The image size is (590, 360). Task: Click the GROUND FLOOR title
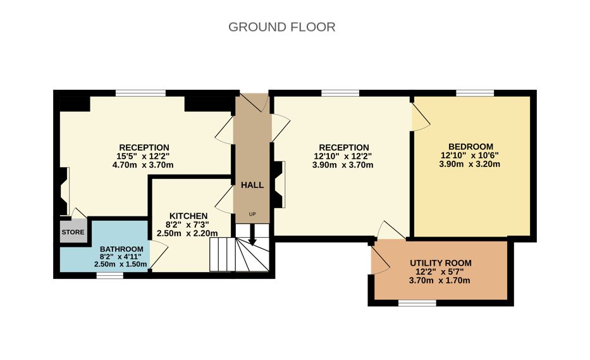[x=282, y=27]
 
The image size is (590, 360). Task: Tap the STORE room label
[x=73, y=232]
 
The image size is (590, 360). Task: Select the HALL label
[x=252, y=185]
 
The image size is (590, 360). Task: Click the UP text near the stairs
[x=252, y=214]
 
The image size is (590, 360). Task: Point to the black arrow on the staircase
[x=252, y=234]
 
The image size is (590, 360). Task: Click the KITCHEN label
[x=188, y=216]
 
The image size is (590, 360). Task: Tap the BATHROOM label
[x=121, y=249]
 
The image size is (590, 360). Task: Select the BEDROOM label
[x=470, y=147]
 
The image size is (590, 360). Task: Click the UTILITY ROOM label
[x=441, y=263]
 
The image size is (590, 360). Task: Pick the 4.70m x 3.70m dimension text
[x=143, y=165]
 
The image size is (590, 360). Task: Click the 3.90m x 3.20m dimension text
[x=470, y=164]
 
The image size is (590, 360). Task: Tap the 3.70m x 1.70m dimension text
[x=439, y=280]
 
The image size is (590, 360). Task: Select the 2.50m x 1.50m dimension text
[x=120, y=264]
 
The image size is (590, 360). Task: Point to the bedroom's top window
[x=475, y=93]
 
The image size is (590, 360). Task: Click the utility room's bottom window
[x=417, y=303]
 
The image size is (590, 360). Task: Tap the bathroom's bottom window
[x=110, y=275]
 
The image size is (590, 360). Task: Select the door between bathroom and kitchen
[x=159, y=254]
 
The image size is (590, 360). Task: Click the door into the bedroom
[x=421, y=116]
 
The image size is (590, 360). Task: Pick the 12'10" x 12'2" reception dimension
[x=342, y=156]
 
